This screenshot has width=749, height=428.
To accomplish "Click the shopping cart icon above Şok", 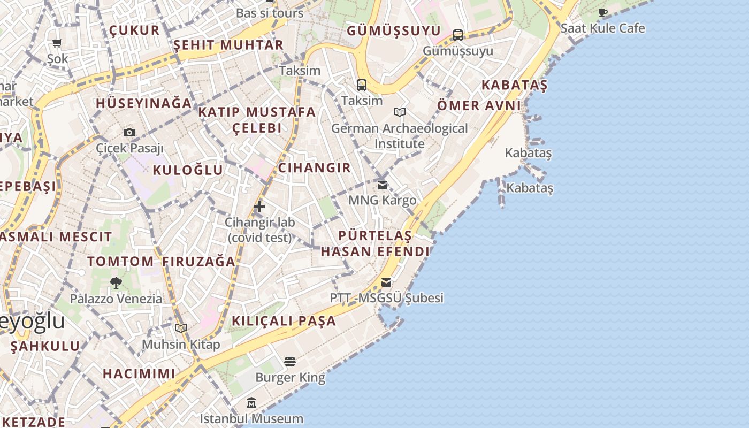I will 57,43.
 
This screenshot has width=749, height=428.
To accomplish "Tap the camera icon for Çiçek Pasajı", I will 129,132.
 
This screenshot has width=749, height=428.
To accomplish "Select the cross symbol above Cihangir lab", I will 259,207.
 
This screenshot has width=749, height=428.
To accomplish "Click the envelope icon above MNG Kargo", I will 383,185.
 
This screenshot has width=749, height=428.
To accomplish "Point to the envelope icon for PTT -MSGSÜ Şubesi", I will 386,282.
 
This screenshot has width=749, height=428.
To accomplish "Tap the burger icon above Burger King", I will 290,362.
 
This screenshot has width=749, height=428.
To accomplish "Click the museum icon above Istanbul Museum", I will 251,402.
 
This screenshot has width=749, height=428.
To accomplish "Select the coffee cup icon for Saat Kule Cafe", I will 603,13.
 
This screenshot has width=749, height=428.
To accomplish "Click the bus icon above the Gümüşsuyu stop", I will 458,35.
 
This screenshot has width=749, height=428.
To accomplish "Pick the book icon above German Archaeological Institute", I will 400,112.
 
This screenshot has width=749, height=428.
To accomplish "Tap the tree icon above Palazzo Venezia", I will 116,283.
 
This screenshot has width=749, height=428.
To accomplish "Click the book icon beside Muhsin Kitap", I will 181,328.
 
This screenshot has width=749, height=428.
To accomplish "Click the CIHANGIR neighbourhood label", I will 315,167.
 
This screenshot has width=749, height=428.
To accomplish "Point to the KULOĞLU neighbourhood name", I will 188,170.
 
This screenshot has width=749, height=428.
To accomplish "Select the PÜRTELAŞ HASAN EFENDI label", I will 375,243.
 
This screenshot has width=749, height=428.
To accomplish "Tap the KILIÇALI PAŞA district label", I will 284,321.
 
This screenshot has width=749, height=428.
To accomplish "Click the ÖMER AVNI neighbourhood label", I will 479,105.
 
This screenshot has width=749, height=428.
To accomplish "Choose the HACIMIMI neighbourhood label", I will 139,373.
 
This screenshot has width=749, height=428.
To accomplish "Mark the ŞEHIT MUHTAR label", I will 228,45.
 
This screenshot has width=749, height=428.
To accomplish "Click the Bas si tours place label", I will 270,13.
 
